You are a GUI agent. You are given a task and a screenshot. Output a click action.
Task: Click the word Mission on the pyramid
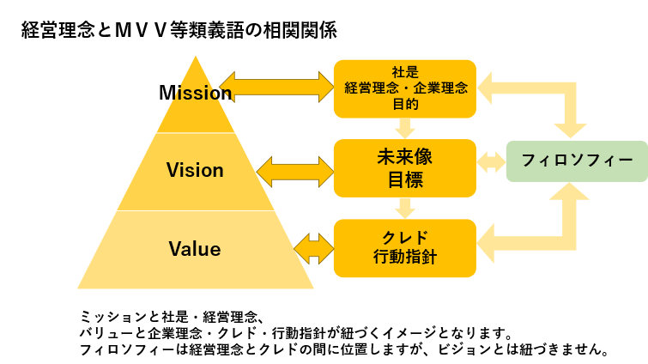click(x=196, y=92)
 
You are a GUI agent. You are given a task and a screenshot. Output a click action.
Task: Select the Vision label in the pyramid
click(x=195, y=170)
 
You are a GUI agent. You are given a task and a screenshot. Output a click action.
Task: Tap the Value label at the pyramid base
click(x=195, y=249)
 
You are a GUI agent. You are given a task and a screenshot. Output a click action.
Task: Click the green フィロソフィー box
click(x=577, y=161)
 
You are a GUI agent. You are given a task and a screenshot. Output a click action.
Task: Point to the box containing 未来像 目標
click(x=405, y=168)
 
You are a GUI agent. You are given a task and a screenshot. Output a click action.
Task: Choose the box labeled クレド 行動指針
click(x=405, y=248)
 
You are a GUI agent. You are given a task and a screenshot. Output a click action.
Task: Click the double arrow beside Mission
click(x=276, y=87)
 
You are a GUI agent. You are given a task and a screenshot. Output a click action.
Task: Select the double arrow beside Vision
click(x=295, y=172)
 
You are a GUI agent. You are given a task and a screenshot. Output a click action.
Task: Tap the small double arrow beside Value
click(x=313, y=249)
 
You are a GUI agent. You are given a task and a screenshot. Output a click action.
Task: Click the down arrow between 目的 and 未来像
click(x=405, y=129)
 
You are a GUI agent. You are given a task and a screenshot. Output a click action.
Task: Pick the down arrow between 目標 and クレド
click(x=405, y=209)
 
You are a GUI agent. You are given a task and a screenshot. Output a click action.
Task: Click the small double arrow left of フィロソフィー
click(x=491, y=161)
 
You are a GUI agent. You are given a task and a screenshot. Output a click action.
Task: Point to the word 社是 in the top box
click(x=405, y=72)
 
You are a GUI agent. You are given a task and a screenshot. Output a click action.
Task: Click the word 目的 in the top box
click(x=405, y=104)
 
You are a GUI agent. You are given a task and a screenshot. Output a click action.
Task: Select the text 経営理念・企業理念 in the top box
click(x=406, y=88)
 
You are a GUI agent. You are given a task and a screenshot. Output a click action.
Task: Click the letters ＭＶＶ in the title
click(x=141, y=30)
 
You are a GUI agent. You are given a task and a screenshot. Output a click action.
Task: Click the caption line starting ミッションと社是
click(x=172, y=318)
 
